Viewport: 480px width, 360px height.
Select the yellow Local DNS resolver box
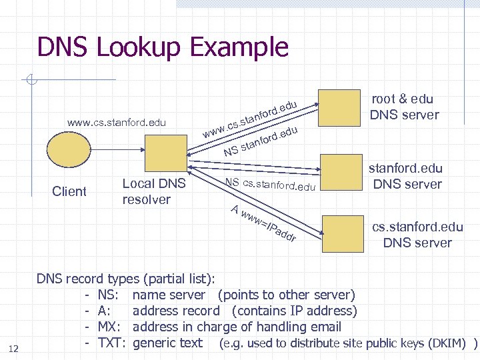tap(164, 153)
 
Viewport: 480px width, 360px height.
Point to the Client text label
tap(69, 192)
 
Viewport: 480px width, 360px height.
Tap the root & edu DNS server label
tap(405, 107)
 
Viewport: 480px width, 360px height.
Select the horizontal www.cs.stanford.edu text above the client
tap(117, 123)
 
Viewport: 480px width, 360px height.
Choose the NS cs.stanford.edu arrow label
tap(269, 184)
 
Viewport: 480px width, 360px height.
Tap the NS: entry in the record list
tap(109, 295)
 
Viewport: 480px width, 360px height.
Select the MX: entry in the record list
tap(111, 327)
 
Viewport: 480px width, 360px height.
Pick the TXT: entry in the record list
tap(112, 343)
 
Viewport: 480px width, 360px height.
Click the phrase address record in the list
tap(176, 311)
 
